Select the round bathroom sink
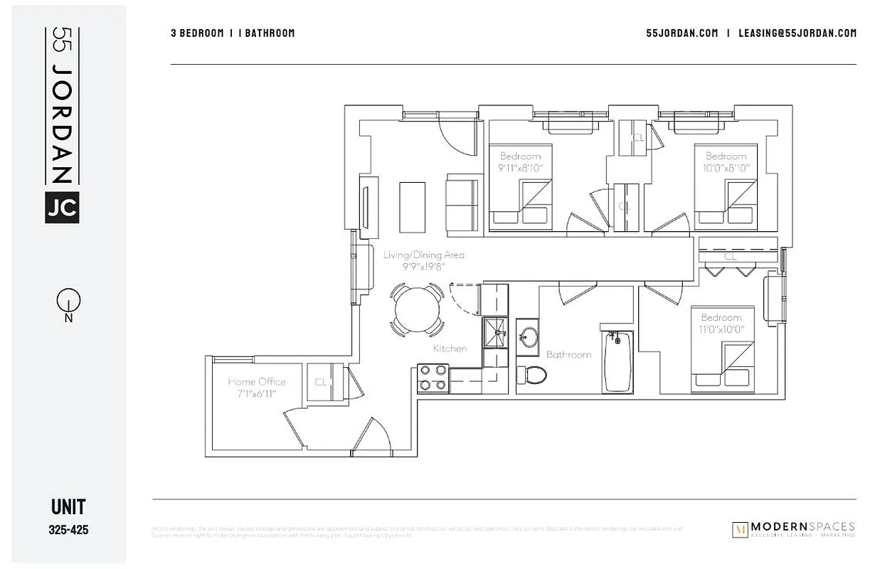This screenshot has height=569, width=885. click(528, 337)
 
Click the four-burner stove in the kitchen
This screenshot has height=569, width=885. click(433, 378)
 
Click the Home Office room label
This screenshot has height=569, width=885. click(257, 381)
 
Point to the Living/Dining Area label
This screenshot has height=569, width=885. click(424, 255)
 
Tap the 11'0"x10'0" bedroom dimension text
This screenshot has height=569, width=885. click(721, 329)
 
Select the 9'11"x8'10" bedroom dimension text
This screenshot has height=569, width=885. click(520, 168)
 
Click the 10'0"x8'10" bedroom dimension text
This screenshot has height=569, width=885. click(726, 168)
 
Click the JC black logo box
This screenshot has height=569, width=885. click(62, 207)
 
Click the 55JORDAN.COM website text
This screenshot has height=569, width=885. click(682, 33)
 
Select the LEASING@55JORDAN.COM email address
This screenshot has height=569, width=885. click(797, 33)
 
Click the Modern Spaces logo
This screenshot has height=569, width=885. click(793, 530)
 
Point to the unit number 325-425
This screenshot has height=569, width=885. click(68, 530)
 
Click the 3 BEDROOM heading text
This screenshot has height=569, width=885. click(197, 33)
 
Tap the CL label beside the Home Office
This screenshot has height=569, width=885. click(321, 383)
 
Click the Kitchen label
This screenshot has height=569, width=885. click(450, 349)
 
